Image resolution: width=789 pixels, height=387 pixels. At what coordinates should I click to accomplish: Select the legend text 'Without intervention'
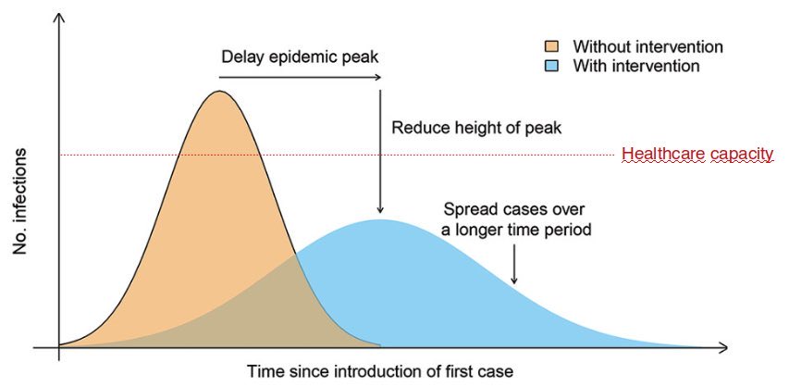[647, 47]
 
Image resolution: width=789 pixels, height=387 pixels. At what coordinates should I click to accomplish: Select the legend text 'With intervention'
[636, 67]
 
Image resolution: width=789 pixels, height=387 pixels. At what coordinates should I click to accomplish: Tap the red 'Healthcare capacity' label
[697, 155]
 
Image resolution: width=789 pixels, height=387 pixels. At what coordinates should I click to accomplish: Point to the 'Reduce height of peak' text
[476, 127]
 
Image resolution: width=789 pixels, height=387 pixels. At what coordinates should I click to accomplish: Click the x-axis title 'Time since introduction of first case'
[379, 371]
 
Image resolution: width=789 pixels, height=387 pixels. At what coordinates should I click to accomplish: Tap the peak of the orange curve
[219, 92]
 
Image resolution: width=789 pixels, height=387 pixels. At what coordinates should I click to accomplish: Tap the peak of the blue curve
[380, 220]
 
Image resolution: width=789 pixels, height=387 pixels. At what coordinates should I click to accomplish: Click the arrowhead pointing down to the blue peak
[380, 209]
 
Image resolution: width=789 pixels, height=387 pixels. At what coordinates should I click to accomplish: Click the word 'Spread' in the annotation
[467, 209]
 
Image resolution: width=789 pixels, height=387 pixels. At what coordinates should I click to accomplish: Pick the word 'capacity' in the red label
[740, 155]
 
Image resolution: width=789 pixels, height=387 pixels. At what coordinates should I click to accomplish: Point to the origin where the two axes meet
[59, 348]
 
